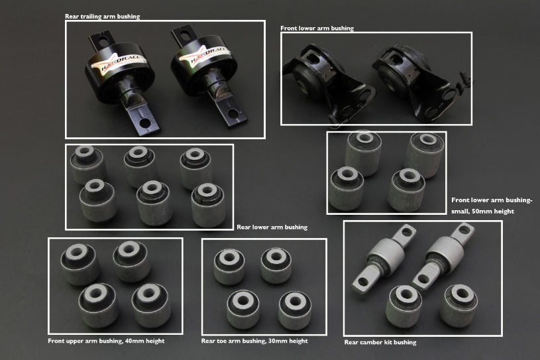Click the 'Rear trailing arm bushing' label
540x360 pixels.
[102, 17]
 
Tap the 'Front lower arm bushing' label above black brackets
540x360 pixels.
[317, 29]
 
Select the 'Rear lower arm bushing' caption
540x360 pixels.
[272, 227]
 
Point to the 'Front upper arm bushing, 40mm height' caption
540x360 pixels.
[106, 341]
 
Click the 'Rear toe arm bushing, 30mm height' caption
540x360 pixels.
[254, 341]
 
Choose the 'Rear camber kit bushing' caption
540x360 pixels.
[380, 343]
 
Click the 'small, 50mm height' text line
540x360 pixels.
[482, 211]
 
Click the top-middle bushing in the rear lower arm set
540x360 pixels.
[140, 162]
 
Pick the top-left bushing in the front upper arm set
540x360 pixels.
[80, 263]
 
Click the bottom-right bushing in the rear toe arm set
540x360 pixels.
[295, 308]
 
